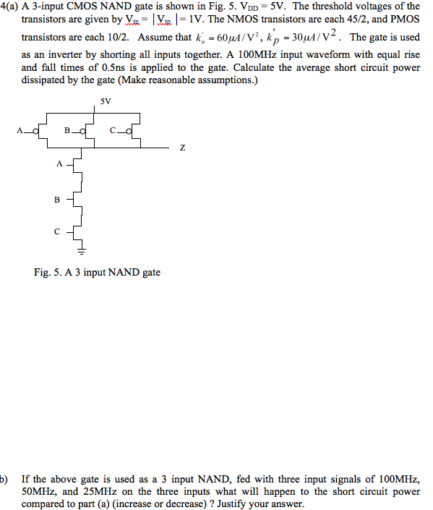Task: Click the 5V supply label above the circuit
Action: (106, 101)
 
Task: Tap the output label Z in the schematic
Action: (182, 148)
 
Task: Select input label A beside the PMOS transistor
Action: (21, 130)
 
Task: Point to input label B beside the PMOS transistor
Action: (67, 130)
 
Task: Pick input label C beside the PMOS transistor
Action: (113, 130)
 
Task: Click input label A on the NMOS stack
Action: (59, 163)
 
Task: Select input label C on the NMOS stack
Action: (57, 232)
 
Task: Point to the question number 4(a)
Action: (10, 6)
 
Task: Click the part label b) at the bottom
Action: (4, 479)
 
